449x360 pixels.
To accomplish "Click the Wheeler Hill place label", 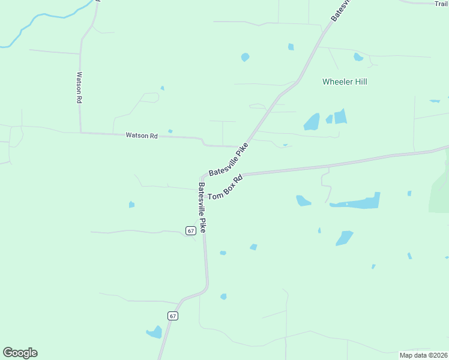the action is click(345, 82).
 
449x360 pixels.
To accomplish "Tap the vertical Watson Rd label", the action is click(78, 88).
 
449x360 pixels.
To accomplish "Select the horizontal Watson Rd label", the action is click(141, 136).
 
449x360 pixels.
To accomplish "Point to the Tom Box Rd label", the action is click(225, 187).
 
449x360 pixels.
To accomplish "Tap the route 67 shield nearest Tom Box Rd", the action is click(190, 230).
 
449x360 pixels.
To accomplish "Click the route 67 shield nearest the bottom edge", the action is click(173, 316).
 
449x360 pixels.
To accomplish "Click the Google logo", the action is click(20, 353).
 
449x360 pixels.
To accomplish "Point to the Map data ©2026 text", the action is click(423, 355).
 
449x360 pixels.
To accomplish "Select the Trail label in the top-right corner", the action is click(441, 3).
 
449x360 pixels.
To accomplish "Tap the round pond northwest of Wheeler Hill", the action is click(245, 57).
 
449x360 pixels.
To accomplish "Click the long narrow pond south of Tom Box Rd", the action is click(356, 202).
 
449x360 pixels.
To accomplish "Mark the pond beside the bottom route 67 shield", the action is click(155, 332).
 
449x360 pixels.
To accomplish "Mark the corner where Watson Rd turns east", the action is click(80, 133).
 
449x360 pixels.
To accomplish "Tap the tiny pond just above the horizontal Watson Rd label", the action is click(170, 131).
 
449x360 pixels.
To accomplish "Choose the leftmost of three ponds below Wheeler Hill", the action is click(312, 122).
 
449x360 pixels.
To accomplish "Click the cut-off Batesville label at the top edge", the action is click(342, 10).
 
